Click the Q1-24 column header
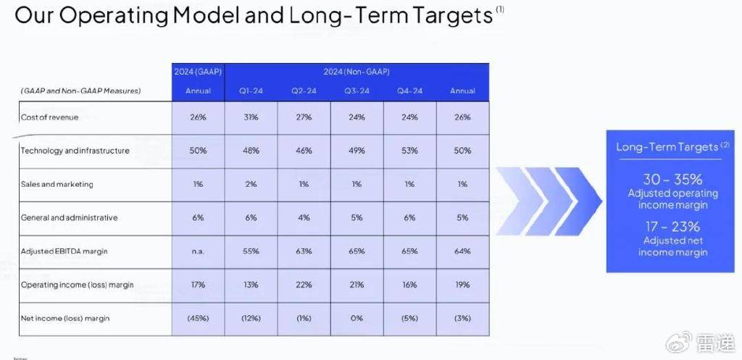pyautogui.click(x=251, y=91)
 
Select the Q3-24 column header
pyautogui.click(x=357, y=91)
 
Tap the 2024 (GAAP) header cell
pyautogui.click(x=198, y=72)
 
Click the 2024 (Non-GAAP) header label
pyautogui.click(x=357, y=72)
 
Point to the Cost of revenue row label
pyautogui.click(x=50, y=117)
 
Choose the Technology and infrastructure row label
pyautogui.click(x=75, y=151)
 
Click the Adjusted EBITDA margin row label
pyautogui.click(x=64, y=251)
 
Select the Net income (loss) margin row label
pyautogui.click(x=65, y=319)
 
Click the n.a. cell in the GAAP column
pyautogui.click(x=198, y=251)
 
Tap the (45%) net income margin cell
pyautogui.click(x=198, y=319)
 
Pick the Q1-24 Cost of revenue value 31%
pyautogui.click(x=251, y=117)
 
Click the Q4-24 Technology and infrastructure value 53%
pyautogui.click(x=410, y=151)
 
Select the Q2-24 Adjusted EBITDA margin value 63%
pyautogui.click(x=304, y=251)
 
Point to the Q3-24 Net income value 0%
pyautogui.click(x=357, y=319)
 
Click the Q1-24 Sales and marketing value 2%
pyautogui.click(x=251, y=185)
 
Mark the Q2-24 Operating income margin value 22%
pyautogui.click(x=304, y=285)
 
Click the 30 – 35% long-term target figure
pyautogui.click(x=672, y=180)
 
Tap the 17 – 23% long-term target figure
pyautogui.click(x=672, y=227)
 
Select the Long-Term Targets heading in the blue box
pyautogui.click(x=667, y=146)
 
